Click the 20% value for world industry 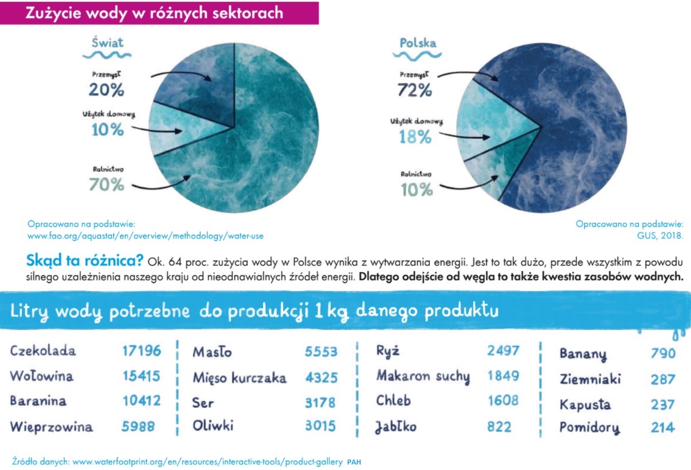(x=107, y=89)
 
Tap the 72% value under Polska (x=416, y=90)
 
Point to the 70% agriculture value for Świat (x=107, y=183)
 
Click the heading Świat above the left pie (x=107, y=43)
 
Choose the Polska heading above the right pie (x=418, y=43)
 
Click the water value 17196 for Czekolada (x=142, y=351)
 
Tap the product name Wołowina (x=41, y=376)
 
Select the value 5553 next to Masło (x=321, y=352)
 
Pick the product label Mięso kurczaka (x=239, y=378)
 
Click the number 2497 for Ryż (x=503, y=350)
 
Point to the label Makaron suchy (x=423, y=376)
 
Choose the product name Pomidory (x=589, y=427)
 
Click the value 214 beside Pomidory (x=662, y=427)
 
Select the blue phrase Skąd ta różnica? (x=85, y=261)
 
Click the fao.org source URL (x=146, y=235)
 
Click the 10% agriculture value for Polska (x=416, y=189)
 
